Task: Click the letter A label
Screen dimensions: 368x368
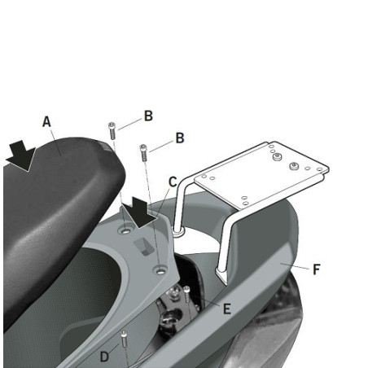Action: pos(47,122)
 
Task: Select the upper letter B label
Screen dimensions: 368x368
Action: pos(148,116)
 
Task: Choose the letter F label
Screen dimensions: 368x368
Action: pos(316,269)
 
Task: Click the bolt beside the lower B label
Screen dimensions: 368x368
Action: pos(144,151)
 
